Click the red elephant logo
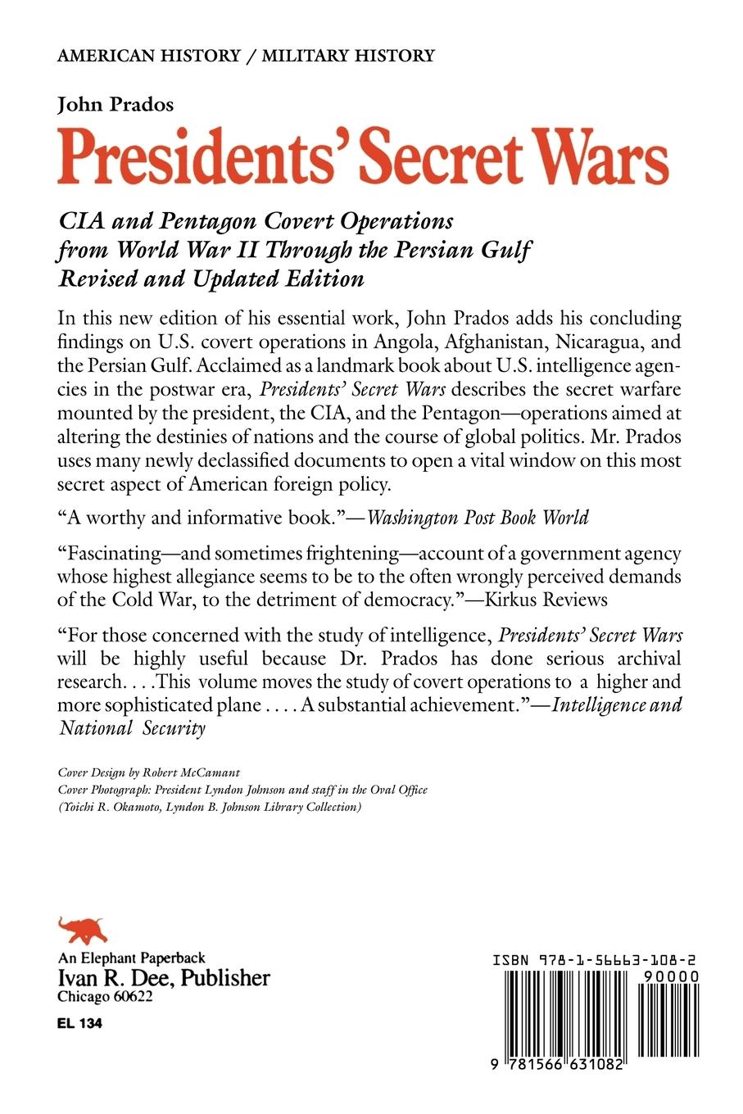pos(83,931)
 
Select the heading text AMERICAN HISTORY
pos(148,56)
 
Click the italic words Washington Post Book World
pos(478,517)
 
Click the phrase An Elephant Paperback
pos(131,958)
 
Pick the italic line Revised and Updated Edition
pos(211,278)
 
